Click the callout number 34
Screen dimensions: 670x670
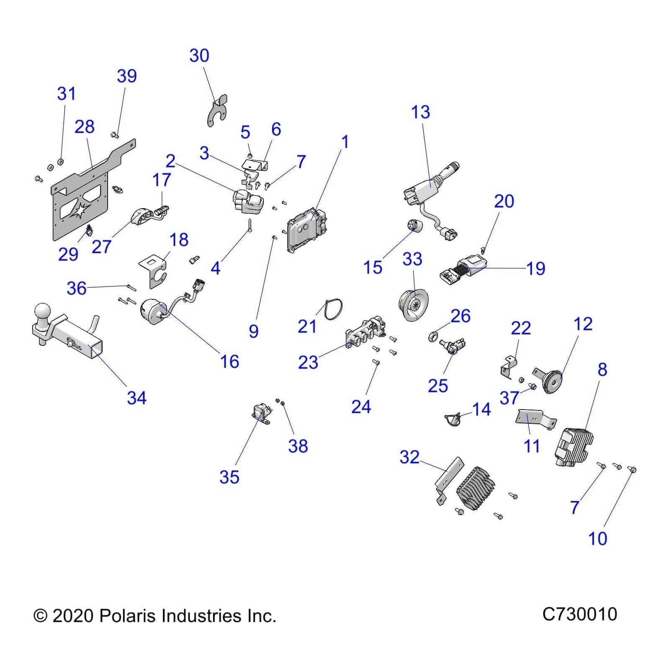point(137,398)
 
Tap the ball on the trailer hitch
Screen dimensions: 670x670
point(42,312)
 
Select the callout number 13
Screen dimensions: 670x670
point(420,112)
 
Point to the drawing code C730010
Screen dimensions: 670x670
point(580,614)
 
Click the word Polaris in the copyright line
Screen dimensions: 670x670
point(127,616)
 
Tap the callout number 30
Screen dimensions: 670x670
point(199,56)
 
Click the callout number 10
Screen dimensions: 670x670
point(598,539)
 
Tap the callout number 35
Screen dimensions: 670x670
point(229,477)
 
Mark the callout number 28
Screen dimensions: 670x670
point(84,127)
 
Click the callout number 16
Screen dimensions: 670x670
point(229,362)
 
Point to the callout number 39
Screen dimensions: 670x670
point(126,76)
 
